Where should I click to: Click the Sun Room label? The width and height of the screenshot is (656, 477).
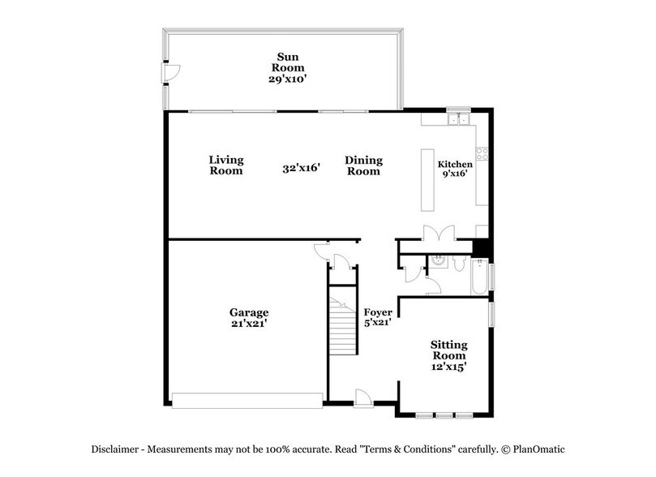pos(285,62)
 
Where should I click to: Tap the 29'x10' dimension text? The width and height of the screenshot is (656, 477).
pos(285,79)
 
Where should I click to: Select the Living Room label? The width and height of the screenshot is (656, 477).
pos(225,165)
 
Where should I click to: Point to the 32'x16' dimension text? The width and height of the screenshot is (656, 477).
pos(302,169)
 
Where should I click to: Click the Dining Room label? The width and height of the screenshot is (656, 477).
pos(363,165)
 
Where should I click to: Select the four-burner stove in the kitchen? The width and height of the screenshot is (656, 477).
pos(482,152)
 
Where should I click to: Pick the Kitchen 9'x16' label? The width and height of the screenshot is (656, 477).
pos(454,170)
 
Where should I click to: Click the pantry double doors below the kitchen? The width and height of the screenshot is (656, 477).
pos(442,234)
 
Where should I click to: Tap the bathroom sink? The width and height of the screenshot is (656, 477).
pos(437,260)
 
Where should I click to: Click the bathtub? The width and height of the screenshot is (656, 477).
pos(480,276)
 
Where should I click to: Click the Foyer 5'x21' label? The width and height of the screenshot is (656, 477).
pos(378,317)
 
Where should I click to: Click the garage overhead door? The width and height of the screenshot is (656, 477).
pos(248,400)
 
